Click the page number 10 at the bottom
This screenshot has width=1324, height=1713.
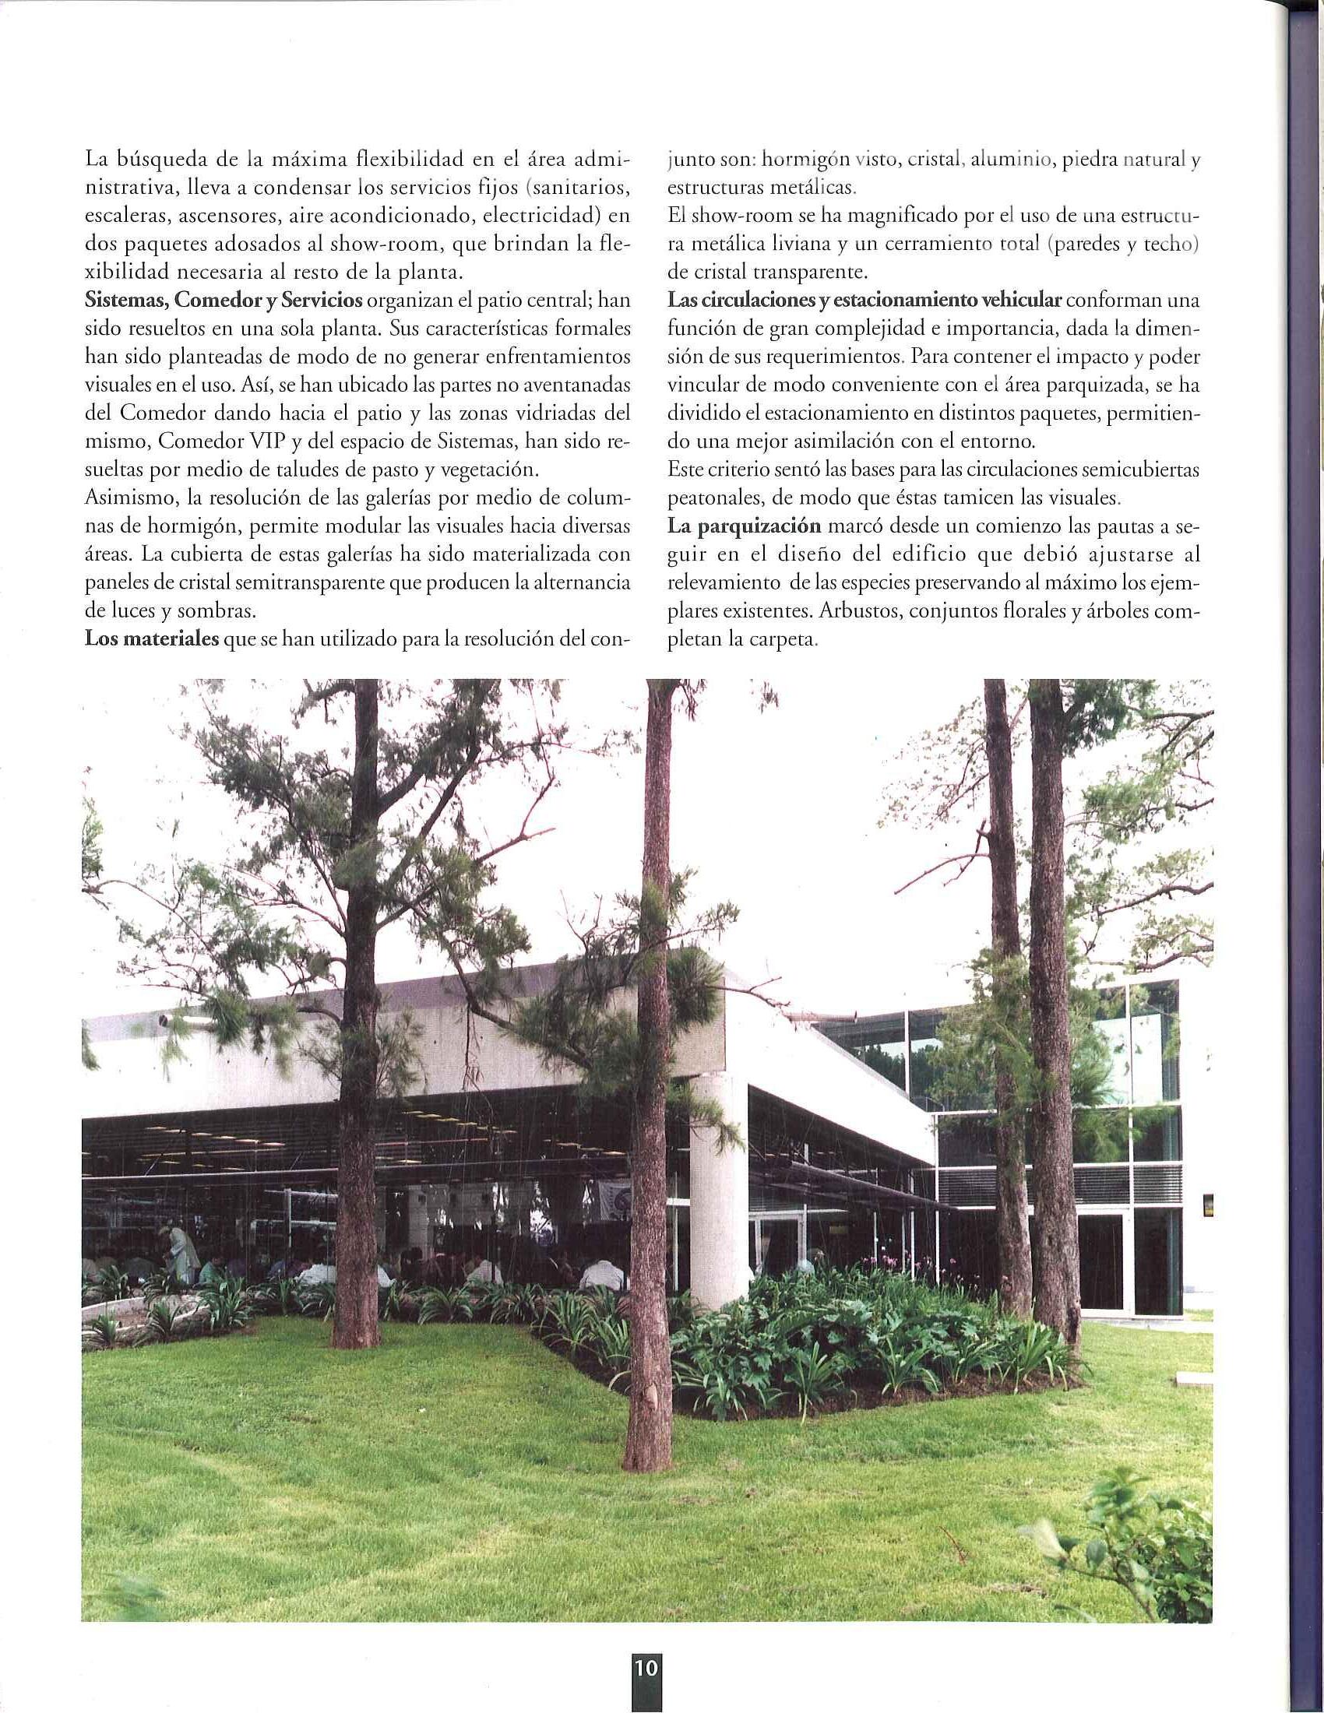pos(646,1684)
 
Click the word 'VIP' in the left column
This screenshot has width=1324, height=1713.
pos(262,441)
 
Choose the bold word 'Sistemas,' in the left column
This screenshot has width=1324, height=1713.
pos(125,301)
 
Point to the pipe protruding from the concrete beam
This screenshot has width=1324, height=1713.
pos(167,1021)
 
